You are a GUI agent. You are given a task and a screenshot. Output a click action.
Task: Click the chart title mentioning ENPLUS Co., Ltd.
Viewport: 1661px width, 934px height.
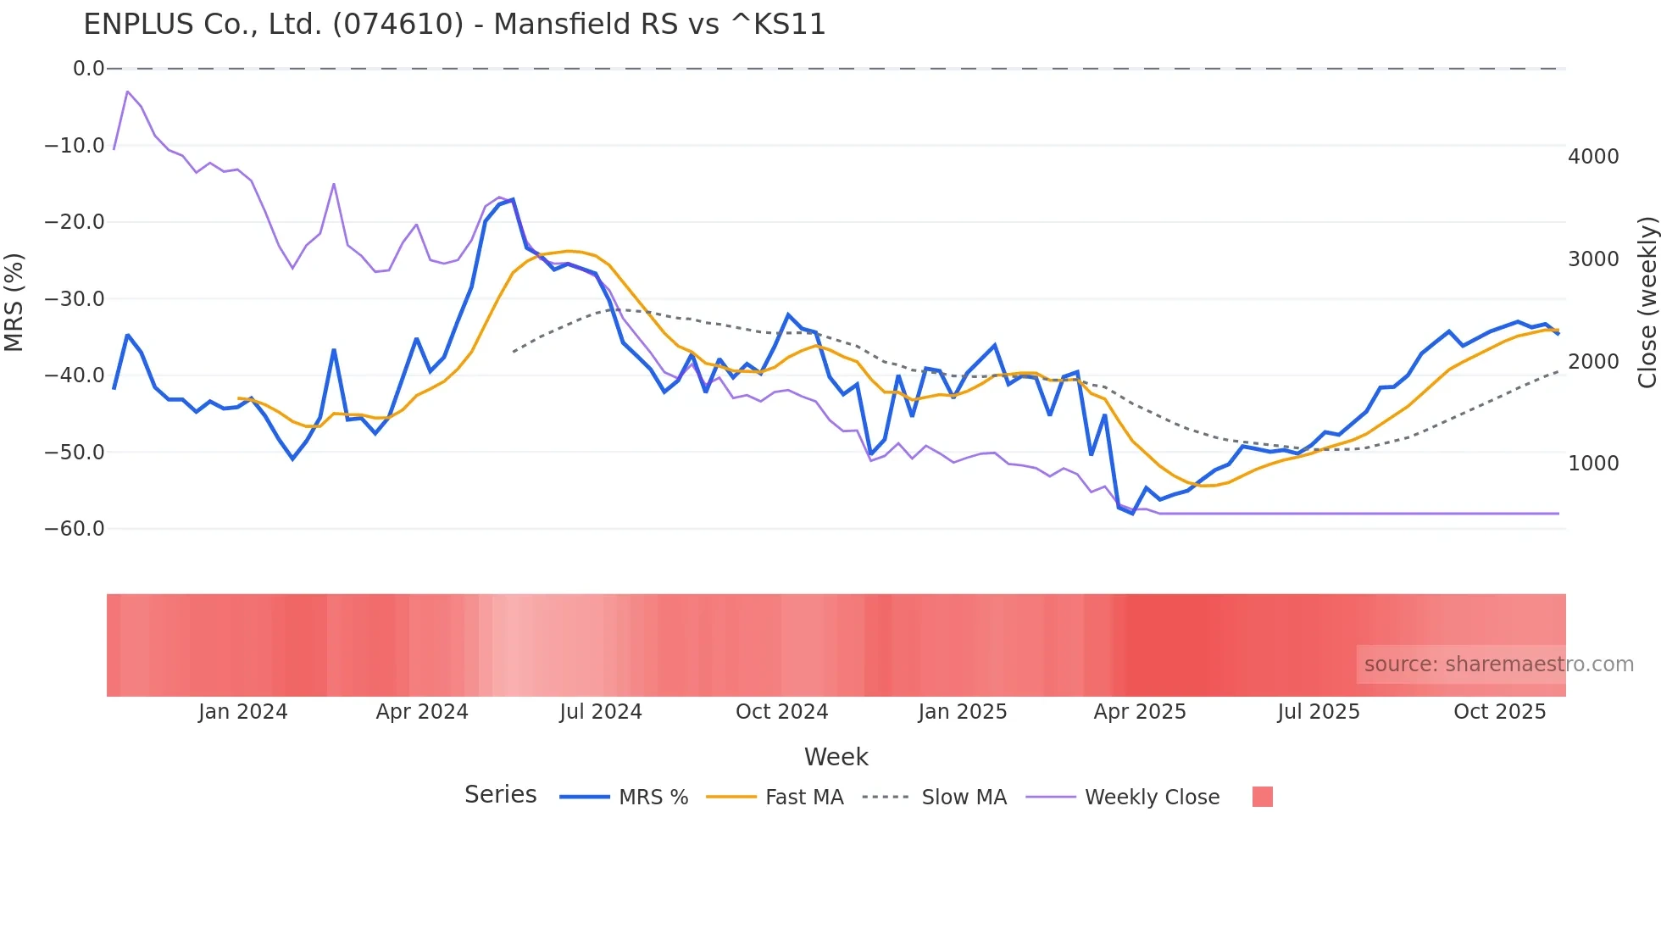click(454, 25)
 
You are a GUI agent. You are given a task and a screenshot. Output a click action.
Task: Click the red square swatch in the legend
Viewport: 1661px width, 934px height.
click(1262, 797)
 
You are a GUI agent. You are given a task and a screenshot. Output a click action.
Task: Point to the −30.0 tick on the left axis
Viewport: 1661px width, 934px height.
click(75, 299)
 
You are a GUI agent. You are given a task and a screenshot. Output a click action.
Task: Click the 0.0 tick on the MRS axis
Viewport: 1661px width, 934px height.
click(88, 69)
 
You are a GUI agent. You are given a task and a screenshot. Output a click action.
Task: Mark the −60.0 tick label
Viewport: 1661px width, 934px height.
click(75, 529)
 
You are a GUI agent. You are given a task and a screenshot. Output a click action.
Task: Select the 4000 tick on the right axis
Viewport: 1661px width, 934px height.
click(1593, 157)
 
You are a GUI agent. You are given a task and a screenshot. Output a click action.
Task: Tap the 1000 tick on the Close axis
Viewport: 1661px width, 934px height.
click(1593, 464)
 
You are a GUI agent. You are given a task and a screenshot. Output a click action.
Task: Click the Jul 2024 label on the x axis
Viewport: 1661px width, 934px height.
click(601, 712)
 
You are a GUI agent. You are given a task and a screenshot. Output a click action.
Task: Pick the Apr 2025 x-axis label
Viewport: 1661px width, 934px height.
click(1140, 712)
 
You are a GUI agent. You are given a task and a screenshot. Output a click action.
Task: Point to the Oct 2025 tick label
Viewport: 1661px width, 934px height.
click(1499, 712)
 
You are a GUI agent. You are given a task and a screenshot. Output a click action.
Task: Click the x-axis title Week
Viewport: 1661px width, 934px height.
click(836, 757)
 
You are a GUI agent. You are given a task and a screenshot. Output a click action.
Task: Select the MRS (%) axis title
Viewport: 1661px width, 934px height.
click(14, 302)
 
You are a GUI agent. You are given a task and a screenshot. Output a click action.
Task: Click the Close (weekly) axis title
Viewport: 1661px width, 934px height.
click(1647, 302)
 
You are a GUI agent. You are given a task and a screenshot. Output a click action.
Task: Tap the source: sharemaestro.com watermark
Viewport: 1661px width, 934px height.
click(1498, 664)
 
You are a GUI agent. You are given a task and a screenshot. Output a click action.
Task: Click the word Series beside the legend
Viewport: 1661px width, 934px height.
click(500, 795)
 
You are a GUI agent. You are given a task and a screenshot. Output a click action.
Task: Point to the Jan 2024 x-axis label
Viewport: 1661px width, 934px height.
click(243, 712)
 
